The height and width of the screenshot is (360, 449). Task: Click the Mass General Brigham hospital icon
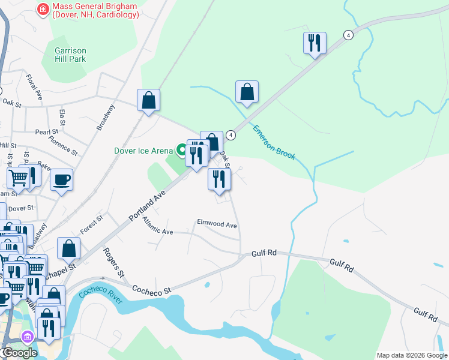(43, 9)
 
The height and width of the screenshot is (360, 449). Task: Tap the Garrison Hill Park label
(70, 55)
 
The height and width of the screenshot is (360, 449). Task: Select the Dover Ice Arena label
(143, 151)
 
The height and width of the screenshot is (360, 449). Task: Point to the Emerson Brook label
(274, 142)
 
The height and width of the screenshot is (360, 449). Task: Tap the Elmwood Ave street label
(217, 224)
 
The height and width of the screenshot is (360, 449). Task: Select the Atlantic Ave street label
(157, 227)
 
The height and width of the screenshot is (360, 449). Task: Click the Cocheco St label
(152, 289)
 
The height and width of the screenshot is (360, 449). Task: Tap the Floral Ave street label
(35, 87)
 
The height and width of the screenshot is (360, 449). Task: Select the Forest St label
(91, 226)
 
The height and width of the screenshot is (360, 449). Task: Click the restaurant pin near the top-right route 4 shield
(315, 43)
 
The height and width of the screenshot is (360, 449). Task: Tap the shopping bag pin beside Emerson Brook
(247, 92)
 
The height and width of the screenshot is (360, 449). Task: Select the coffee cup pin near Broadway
(61, 179)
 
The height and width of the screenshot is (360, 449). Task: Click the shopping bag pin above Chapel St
(69, 248)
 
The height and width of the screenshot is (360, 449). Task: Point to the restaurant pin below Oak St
(219, 179)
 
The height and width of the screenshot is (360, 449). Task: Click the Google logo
(19, 353)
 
